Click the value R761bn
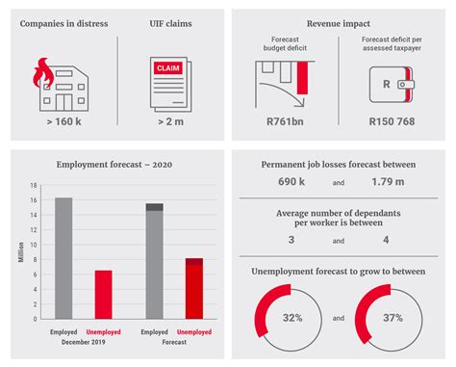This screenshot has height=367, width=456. point(286,122)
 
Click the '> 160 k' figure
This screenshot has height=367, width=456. point(63,122)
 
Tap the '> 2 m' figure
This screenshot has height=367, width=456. point(169,122)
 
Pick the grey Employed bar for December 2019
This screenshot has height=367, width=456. point(63,258)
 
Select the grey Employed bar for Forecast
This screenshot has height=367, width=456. point(154,262)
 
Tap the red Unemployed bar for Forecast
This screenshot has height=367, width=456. point(193,289)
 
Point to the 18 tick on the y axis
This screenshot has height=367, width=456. point(33,186)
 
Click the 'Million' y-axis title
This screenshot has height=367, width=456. point(20,252)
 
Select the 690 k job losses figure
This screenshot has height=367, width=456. point(291,180)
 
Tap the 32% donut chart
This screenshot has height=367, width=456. point(287,318)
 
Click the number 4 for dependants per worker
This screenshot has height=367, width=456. point(386,239)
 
